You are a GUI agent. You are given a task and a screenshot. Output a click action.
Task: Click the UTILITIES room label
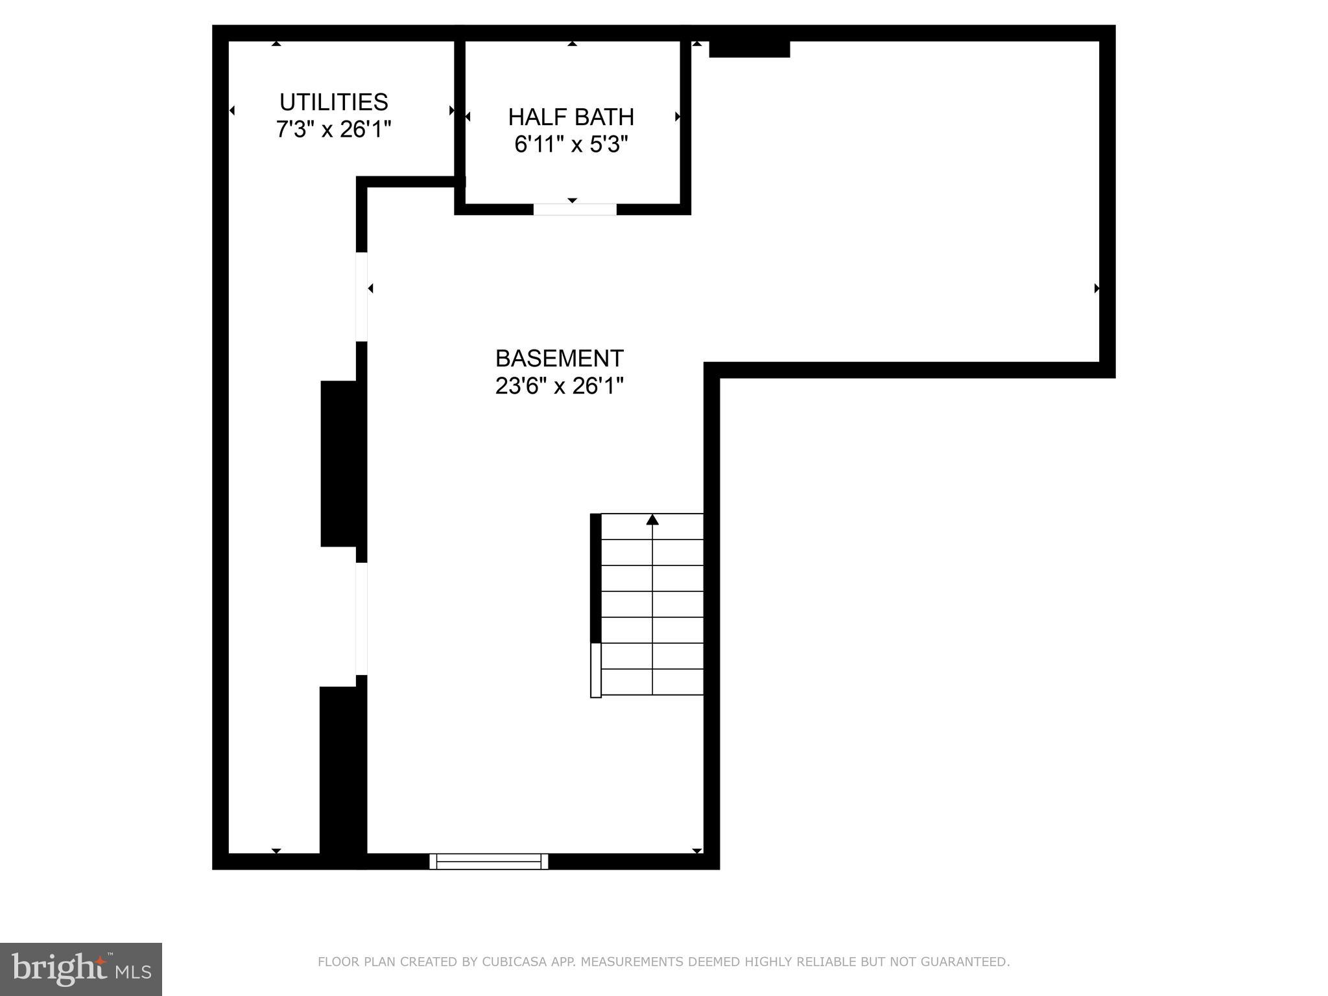pos(333,102)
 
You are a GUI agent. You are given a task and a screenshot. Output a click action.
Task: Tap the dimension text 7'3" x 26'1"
pos(333,130)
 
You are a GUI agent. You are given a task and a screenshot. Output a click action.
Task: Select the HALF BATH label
pos(571,117)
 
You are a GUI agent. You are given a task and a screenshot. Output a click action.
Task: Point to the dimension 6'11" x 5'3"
pos(571,145)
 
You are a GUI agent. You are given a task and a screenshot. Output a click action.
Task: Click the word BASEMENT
pos(559,359)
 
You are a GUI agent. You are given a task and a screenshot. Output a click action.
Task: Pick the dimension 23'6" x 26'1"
pos(559,386)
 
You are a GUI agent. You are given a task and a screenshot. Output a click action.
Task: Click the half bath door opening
pos(575,209)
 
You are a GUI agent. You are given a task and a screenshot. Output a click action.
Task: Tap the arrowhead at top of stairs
pos(652,519)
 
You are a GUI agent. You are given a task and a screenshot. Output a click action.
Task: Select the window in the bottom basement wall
pos(489,861)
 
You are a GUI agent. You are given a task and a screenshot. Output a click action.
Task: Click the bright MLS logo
pos(81,969)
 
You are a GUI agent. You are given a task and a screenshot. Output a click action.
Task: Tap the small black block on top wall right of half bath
pos(749,49)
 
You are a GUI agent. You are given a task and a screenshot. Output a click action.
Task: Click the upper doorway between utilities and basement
pos(362,296)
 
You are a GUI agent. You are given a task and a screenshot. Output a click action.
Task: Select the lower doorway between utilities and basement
pos(362,619)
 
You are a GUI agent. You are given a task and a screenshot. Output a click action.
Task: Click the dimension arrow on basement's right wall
pos(1097,289)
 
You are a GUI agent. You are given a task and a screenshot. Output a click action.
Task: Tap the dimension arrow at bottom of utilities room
pos(276,850)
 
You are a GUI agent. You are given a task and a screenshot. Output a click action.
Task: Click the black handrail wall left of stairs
pos(595,577)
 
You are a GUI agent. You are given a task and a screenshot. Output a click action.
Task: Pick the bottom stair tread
pos(652,682)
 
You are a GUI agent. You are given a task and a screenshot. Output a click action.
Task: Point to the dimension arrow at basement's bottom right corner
pos(697,850)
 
